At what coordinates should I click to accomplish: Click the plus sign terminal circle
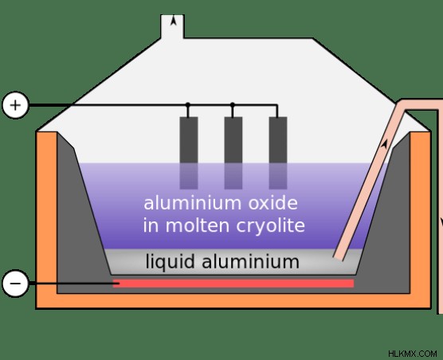[16, 105]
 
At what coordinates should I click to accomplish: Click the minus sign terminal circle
[16, 284]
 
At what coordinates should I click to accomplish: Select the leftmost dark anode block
[189, 153]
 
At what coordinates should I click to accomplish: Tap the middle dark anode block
[233, 153]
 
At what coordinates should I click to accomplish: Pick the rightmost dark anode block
[278, 153]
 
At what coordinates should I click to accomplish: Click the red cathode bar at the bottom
[233, 284]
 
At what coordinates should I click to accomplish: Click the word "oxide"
[273, 203]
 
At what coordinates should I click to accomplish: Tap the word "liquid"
[170, 261]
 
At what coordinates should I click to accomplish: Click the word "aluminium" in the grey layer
[250, 261]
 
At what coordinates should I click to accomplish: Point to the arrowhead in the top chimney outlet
[174, 21]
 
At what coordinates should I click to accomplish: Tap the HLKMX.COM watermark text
[413, 354]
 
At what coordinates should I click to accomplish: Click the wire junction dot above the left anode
[188, 105]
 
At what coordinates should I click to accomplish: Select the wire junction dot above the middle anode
[233, 105]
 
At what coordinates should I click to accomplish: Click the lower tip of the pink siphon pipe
[339, 258]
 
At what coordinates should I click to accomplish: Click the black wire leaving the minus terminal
[71, 284]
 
